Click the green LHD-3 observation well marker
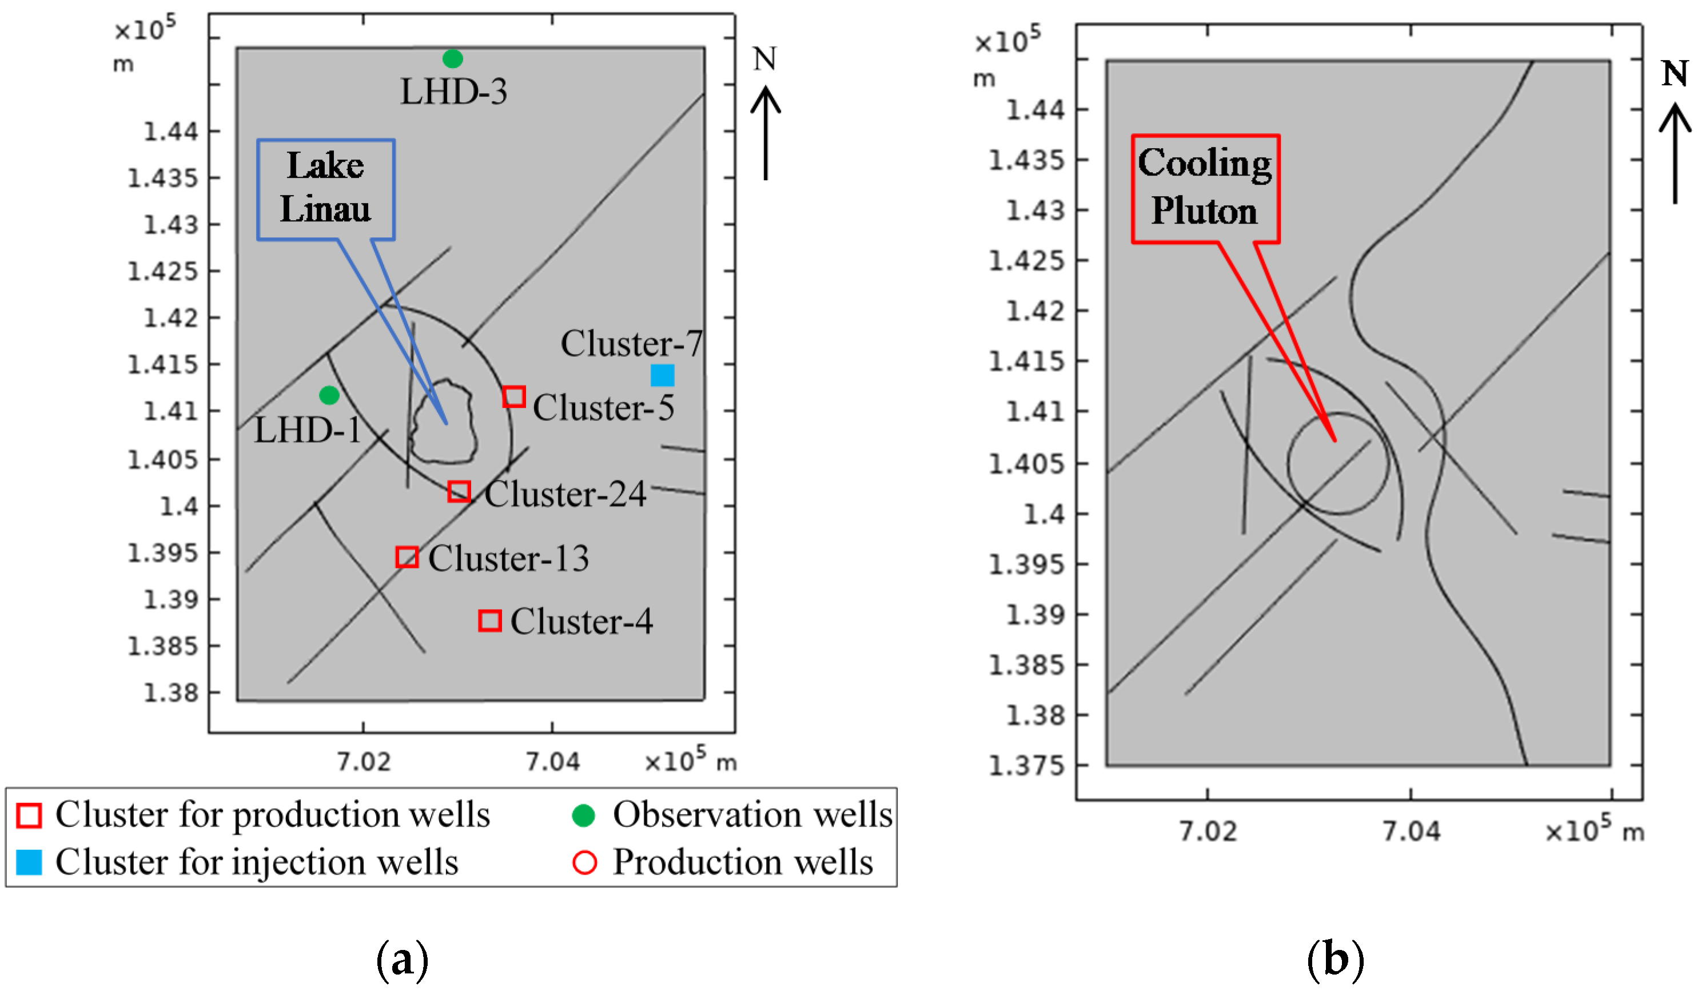pyautogui.click(x=452, y=59)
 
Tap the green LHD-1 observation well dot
pyautogui.click(x=329, y=395)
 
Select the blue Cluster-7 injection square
pyautogui.click(x=662, y=375)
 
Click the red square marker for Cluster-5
pyautogui.click(x=514, y=397)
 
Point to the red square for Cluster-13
pyautogui.click(x=407, y=557)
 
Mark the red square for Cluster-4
pyautogui.click(x=489, y=620)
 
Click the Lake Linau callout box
pyautogui.click(x=326, y=189)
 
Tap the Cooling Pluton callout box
pyautogui.click(x=1205, y=189)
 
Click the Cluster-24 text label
pyautogui.click(x=565, y=494)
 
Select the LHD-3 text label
pyautogui.click(x=454, y=92)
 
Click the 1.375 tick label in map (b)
pyautogui.click(x=1026, y=766)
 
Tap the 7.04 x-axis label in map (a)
pyautogui.click(x=552, y=762)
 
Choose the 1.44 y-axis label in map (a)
pyautogui.click(x=171, y=132)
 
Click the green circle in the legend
pyautogui.click(x=583, y=816)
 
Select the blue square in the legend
pyautogui.click(x=29, y=862)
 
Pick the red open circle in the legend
pyautogui.click(x=584, y=862)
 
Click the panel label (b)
pyautogui.click(x=1336, y=959)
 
